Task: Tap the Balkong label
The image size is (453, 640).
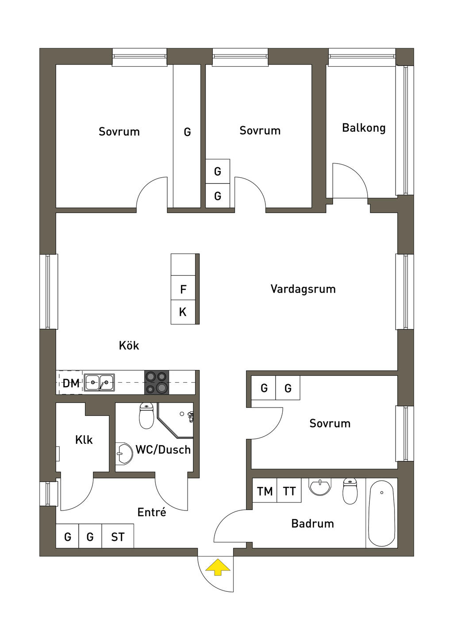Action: tap(364, 128)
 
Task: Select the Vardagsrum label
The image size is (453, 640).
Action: tap(303, 289)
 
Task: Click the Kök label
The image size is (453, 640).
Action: tap(129, 346)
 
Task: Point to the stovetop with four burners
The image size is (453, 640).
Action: tap(157, 382)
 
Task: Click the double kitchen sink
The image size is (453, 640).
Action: tap(99, 382)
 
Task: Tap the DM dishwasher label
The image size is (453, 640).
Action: tap(71, 383)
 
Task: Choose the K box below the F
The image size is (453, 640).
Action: tap(183, 312)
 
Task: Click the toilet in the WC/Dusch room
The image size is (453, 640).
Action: tap(146, 416)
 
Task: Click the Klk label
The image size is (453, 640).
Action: tap(84, 440)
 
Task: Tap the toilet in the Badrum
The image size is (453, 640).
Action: tap(350, 491)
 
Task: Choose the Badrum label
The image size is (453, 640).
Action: tap(313, 524)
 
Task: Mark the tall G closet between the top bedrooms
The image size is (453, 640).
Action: tap(187, 136)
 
